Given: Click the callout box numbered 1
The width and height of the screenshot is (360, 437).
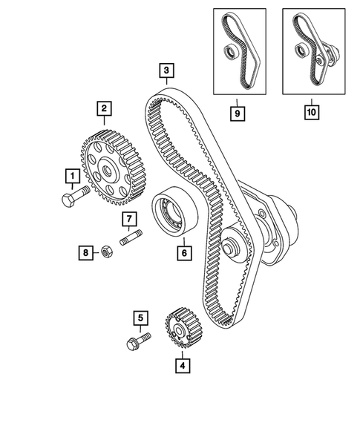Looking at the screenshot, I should point(72,177).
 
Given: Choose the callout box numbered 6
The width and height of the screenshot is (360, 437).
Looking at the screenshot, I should point(182,252).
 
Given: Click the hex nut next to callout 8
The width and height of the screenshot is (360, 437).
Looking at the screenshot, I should point(106,252).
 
